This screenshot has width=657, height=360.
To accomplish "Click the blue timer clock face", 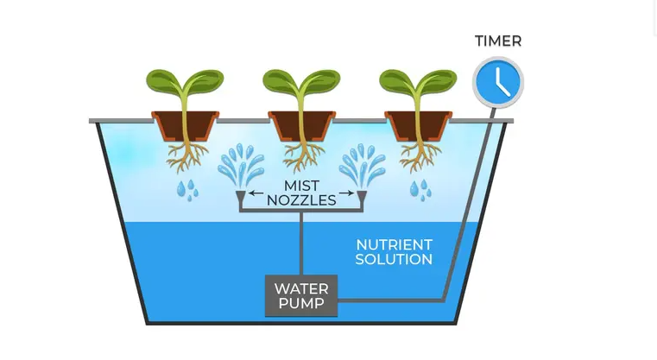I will coord(498,82).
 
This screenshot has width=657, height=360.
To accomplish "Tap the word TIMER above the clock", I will coord(498,41).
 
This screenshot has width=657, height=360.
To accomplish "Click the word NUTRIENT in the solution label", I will coord(394,245).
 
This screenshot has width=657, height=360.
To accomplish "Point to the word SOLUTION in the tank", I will coord(394,260).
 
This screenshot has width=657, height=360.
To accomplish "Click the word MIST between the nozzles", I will coord(301,186).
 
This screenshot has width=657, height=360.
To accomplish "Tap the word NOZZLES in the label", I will coord(301,201).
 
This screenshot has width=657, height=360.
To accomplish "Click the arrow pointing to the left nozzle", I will coord(256,193).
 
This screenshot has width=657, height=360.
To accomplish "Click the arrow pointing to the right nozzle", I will coord(346,193).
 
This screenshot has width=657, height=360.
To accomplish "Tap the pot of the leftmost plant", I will coord(185,126).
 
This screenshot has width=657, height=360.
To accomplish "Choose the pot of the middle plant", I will coord(301,126).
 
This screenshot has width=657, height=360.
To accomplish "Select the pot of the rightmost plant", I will coord(418,126).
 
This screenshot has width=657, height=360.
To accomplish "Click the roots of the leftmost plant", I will coord(186,156).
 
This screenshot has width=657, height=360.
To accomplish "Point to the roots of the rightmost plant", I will coord(419,156).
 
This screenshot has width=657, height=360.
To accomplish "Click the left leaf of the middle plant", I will coord(281,81).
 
